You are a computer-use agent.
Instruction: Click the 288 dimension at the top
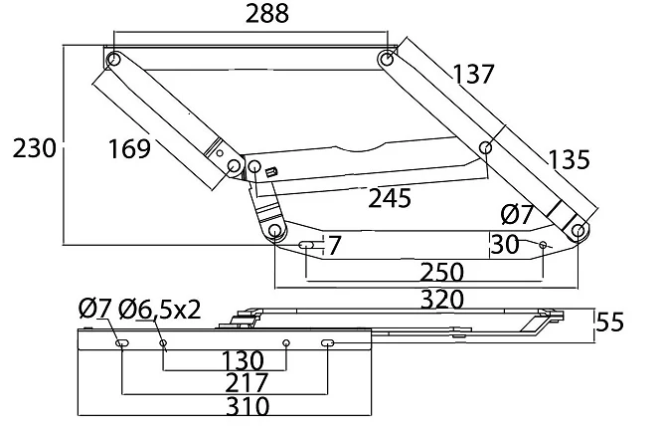pyautogui.click(x=267, y=14)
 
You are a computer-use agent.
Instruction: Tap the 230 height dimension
pyautogui.click(x=34, y=148)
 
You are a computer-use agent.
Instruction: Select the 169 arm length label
pyautogui.click(x=129, y=148)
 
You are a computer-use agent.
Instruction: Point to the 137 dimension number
pyautogui.click(x=473, y=74)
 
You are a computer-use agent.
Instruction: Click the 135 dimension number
pyautogui.click(x=569, y=159)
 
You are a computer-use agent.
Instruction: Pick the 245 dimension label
pyautogui.click(x=390, y=198)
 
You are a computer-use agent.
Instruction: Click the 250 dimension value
pyautogui.click(x=442, y=273)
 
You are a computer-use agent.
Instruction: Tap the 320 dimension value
pyautogui.click(x=442, y=300)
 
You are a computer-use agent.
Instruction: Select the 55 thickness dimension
pyautogui.click(x=609, y=323)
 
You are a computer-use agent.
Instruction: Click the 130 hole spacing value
pyautogui.click(x=243, y=361)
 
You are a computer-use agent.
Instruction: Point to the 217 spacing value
pyautogui.click(x=247, y=383)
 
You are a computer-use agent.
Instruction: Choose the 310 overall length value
pyautogui.click(x=248, y=406)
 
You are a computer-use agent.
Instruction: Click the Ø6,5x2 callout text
pyautogui.click(x=159, y=310)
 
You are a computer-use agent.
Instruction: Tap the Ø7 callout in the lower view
pyautogui.click(x=95, y=309)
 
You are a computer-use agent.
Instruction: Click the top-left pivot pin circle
pyautogui.click(x=113, y=59)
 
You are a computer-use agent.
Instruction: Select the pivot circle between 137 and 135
pyautogui.click(x=486, y=147)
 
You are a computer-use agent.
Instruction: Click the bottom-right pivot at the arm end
pyautogui.click(x=578, y=231)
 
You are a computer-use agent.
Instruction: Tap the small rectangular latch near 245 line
pyautogui.click(x=271, y=172)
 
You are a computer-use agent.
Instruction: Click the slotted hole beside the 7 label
pyautogui.click(x=306, y=245)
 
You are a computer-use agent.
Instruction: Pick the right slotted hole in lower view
pyautogui.click(x=328, y=342)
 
